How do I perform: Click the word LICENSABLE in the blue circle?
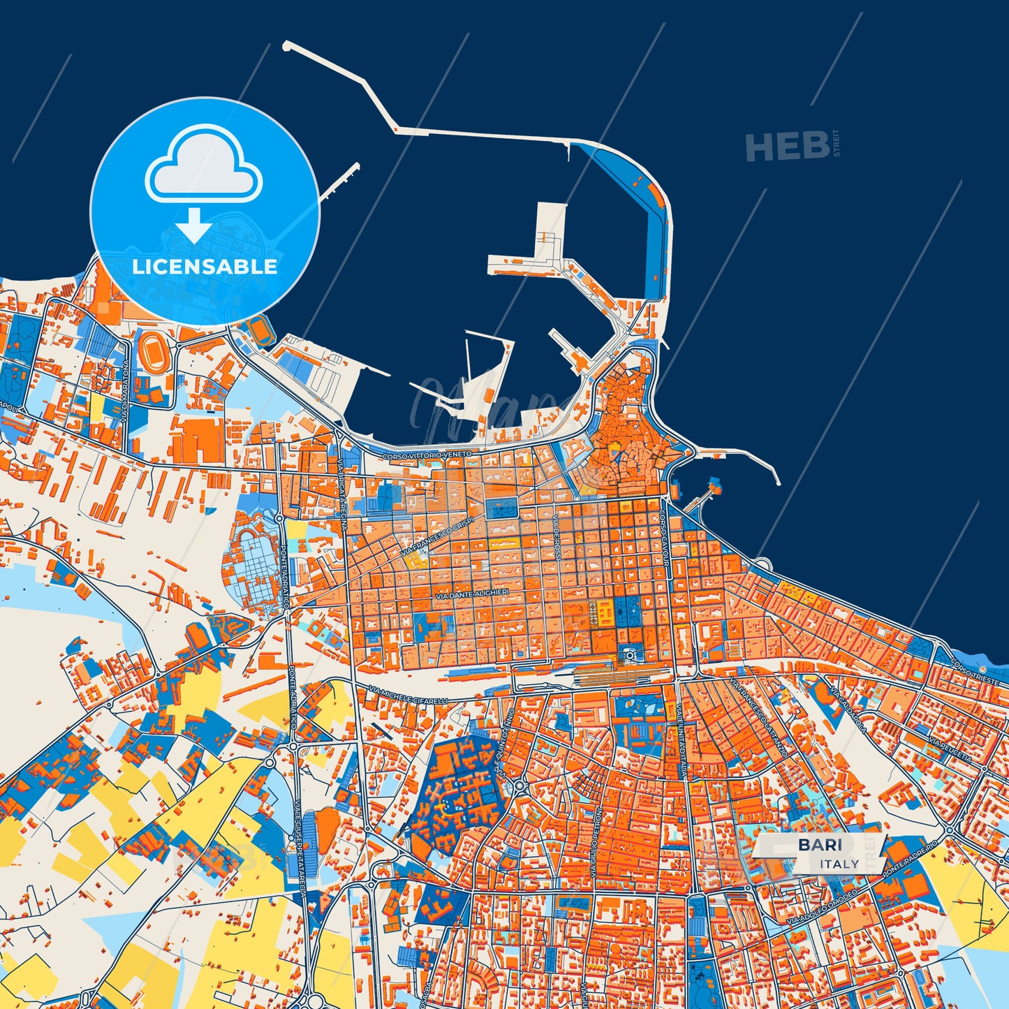[x=205, y=267]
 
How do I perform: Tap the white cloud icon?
[x=203, y=165]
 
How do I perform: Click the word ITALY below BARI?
[x=840, y=864]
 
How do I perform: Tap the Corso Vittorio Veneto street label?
[x=427, y=455]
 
